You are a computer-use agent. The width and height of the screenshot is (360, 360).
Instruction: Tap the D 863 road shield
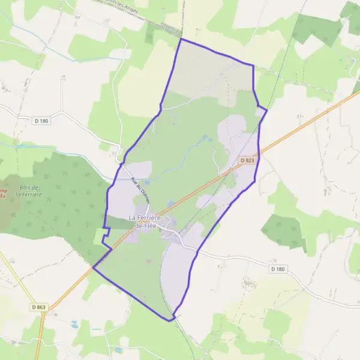[38, 307]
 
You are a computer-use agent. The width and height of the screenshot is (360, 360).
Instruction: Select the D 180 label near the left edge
[41, 121]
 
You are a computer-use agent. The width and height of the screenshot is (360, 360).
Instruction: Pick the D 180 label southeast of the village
[277, 269]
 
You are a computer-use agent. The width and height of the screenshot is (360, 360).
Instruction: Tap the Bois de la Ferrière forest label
[28, 190]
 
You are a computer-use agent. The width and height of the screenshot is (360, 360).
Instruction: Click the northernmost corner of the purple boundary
[181, 39]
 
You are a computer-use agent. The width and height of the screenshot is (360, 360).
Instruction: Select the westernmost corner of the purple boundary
[93, 268]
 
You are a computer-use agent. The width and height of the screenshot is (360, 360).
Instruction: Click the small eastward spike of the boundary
[266, 110]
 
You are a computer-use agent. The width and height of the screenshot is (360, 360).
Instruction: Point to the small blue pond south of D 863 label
[74, 324]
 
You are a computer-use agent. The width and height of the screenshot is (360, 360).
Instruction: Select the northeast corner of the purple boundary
[253, 65]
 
